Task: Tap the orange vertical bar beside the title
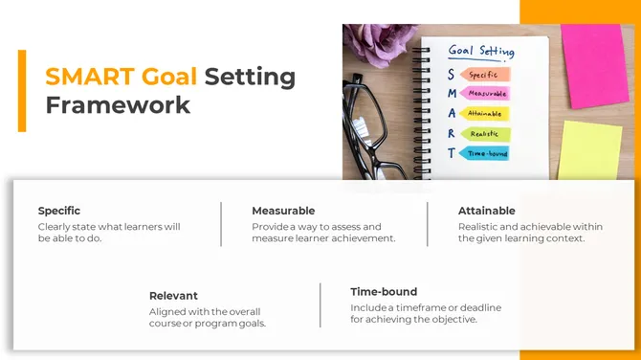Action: click(21, 90)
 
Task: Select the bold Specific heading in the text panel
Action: click(59, 211)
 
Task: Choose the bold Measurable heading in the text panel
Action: click(283, 211)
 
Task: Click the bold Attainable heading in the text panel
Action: click(486, 211)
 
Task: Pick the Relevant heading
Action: click(173, 296)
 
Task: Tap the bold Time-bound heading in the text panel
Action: click(384, 291)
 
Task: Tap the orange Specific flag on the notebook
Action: click(486, 74)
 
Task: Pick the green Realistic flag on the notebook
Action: click(486, 134)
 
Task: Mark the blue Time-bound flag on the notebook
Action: click(486, 153)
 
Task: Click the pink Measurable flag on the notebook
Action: click(486, 94)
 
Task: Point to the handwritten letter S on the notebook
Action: click(452, 75)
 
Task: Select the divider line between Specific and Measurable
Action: click(222, 224)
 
